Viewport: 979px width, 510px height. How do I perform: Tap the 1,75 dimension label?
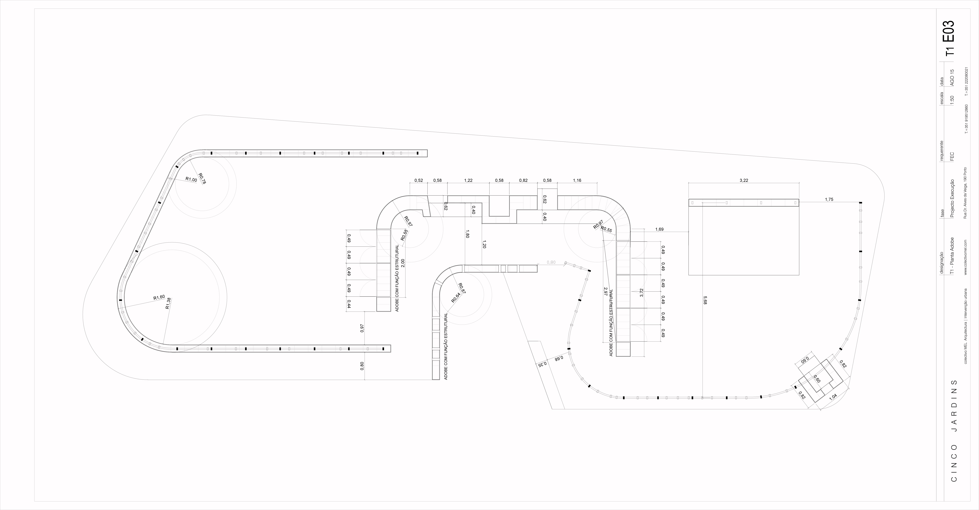click(x=829, y=199)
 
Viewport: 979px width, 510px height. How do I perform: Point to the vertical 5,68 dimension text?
click(x=705, y=300)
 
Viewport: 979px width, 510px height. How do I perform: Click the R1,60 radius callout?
click(x=159, y=298)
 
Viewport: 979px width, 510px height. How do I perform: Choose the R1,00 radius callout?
click(x=191, y=179)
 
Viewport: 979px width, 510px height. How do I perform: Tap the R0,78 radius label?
click(x=202, y=178)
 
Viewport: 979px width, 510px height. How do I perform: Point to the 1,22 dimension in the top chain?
click(x=468, y=180)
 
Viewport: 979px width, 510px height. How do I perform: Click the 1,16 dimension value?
click(x=577, y=180)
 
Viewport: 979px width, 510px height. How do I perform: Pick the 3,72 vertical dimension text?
click(x=641, y=292)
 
